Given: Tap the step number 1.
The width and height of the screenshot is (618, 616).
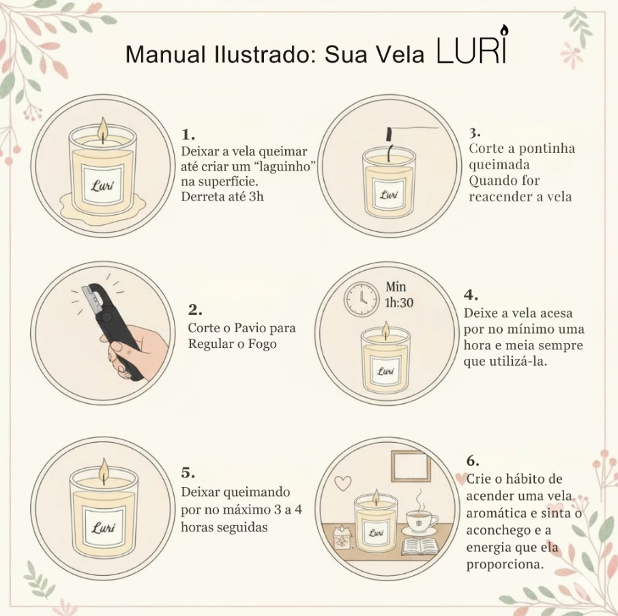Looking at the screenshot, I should point(188,134).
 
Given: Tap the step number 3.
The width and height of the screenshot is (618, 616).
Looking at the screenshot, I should point(475,131).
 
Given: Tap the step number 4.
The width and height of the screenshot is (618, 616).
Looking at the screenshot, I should point(471,295).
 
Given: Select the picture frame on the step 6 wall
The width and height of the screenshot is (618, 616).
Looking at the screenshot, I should point(409,467).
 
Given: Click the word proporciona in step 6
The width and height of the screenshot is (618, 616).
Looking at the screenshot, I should point(504,564).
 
